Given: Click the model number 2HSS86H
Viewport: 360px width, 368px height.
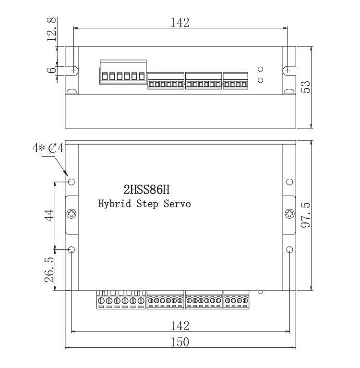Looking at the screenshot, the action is tap(146, 189).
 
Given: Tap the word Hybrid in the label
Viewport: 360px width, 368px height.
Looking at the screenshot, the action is tap(114, 204).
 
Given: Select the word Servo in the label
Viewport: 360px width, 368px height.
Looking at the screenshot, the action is tap(177, 204).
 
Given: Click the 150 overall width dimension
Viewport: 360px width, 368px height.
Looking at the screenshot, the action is tap(180, 342).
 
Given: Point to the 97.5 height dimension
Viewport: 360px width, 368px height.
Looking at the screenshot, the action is tap(306, 215).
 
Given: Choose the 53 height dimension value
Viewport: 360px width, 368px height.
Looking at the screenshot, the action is tap(305, 87).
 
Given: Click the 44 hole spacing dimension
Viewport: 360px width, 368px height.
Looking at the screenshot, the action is tap(49, 215).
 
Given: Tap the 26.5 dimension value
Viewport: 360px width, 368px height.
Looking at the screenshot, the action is tap(49, 270).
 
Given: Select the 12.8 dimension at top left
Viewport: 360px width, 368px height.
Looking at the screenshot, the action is tap(51, 29).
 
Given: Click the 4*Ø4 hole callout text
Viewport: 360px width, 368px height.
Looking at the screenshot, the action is tap(48, 148).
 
